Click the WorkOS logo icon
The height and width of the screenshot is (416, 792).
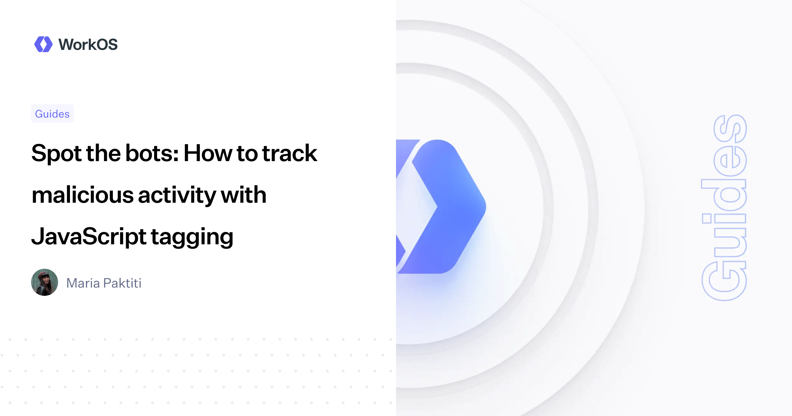pos(43,44)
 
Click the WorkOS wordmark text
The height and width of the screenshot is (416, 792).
pos(88,45)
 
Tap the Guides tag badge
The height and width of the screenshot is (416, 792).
pos(52,114)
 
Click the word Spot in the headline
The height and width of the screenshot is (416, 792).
pos(56,154)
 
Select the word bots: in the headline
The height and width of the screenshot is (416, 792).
pos(152,154)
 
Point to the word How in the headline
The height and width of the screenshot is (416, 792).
pos(208,154)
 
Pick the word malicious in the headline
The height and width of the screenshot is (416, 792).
pos(82,195)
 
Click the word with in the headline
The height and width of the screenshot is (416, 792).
pos(244,195)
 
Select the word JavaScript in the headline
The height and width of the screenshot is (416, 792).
pos(88,237)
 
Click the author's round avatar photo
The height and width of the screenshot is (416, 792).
pos(45,282)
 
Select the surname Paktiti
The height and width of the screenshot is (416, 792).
pos(122,283)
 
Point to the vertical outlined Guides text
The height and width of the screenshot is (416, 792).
pos(724,208)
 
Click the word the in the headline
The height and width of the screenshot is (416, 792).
pos(103,154)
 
